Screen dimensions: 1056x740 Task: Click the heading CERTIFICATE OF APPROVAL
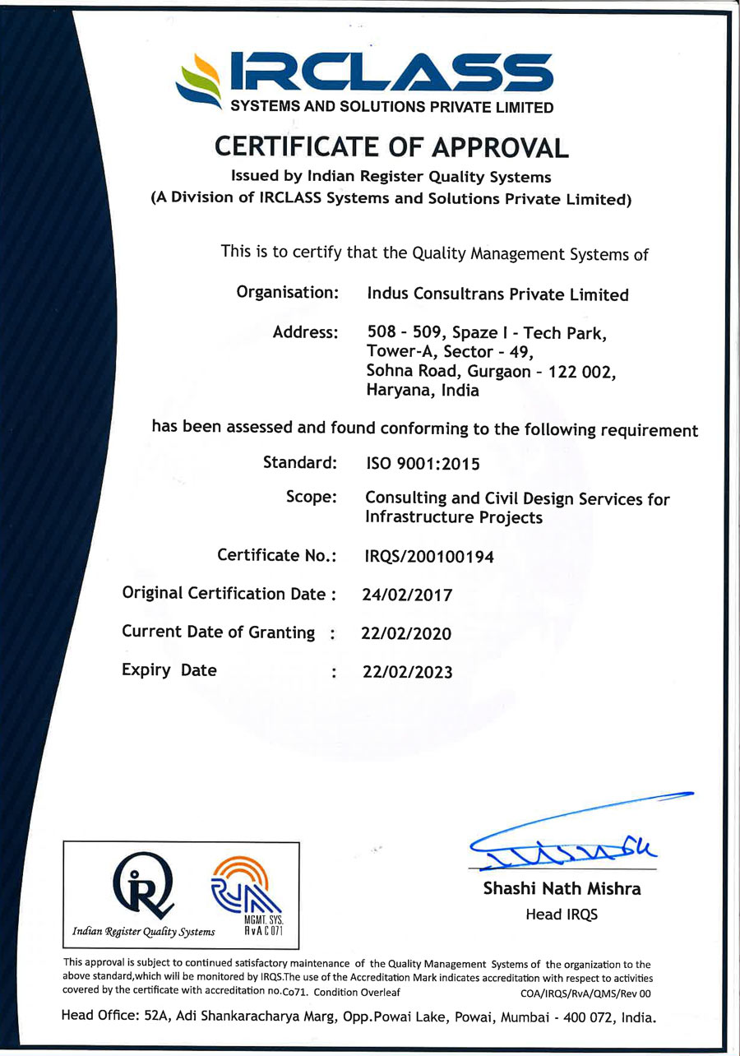391,146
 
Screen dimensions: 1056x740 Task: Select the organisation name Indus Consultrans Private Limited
497,294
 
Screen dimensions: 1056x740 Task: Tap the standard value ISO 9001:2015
422,464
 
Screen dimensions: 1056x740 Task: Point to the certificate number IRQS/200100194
429,557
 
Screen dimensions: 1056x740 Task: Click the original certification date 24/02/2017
407,595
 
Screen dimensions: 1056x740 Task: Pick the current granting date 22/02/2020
406,633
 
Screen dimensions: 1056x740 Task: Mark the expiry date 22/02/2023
407,672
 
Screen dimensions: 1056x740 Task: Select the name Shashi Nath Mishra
562,889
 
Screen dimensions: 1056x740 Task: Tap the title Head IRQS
562,915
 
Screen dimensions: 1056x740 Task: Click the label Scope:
312,498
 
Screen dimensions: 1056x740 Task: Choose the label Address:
305,333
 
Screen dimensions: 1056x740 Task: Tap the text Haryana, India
422,391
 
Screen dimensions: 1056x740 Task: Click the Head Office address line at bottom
359,1017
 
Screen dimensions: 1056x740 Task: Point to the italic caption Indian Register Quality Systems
144,932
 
